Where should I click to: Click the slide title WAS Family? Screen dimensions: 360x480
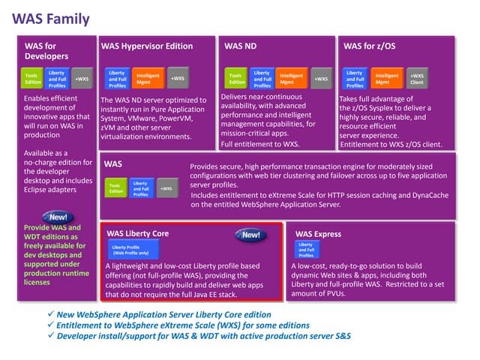[x=51, y=19]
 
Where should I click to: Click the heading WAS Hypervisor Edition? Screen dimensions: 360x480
[x=148, y=46]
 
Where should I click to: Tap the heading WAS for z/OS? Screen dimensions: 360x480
[x=369, y=46]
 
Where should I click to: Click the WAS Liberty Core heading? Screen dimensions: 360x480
[x=137, y=233]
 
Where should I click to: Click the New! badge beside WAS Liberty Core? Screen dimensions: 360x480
[x=250, y=235]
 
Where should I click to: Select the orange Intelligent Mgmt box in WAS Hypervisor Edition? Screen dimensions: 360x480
[x=147, y=78]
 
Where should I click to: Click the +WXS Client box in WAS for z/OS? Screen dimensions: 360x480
[x=416, y=78]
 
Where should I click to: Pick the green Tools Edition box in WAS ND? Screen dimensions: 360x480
[x=235, y=79]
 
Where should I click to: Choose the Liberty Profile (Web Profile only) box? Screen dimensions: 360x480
[x=130, y=250]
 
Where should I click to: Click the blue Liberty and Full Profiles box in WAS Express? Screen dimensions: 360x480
[x=306, y=250]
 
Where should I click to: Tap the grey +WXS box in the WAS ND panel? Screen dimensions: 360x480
[x=320, y=78]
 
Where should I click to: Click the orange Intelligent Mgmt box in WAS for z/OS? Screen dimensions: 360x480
[x=386, y=78]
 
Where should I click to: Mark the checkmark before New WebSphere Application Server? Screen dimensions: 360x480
[x=49, y=313]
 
